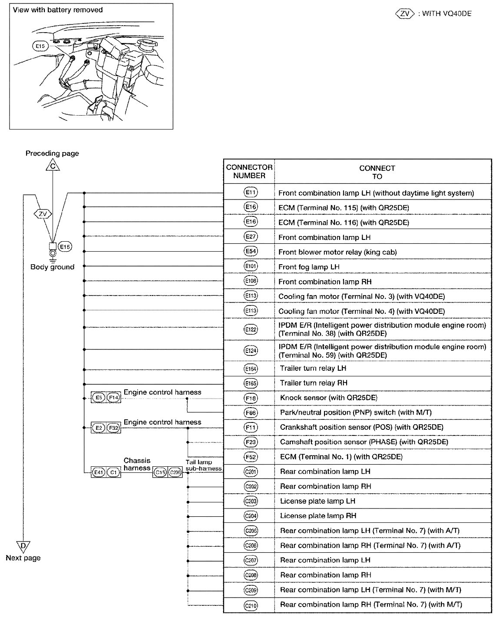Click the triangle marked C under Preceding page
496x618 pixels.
[52, 166]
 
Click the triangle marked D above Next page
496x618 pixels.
[23, 546]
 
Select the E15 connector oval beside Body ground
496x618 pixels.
[65, 247]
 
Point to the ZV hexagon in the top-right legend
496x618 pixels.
[405, 13]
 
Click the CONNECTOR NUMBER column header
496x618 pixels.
[249, 172]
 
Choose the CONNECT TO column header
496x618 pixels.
[377, 172]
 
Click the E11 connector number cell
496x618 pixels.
[251, 193]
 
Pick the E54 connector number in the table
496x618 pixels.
[251, 252]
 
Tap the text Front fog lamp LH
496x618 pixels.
[309, 267]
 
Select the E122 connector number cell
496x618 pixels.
[251, 329]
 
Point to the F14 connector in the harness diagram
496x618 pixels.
[113, 397]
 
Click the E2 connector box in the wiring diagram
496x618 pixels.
[99, 428]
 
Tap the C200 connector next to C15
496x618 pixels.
[175, 472]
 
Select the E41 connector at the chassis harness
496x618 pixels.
[99, 472]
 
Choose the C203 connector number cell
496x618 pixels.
[251, 501]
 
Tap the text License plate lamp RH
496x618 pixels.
[318, 516]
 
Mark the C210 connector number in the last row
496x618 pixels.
[251, 605]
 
